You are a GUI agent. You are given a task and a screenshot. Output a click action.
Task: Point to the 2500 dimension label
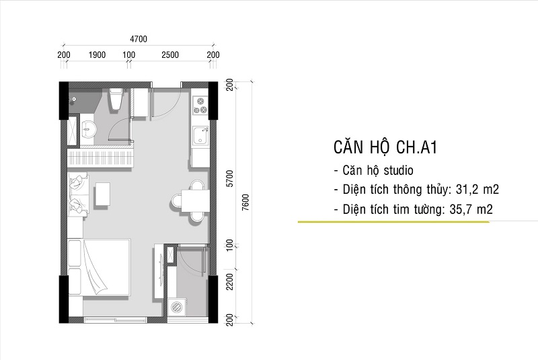pyautogui.click(x=170, y=55)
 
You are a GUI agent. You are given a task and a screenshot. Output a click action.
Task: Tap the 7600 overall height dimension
pyautogui.click(x=245, y=201)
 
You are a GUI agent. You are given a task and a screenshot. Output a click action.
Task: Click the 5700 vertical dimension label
pyautogui.click(x=229, y=178)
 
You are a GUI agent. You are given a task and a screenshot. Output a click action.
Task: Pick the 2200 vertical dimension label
pyautogui.click(x=229, y=281)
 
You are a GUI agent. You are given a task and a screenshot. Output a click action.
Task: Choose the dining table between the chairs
pyautogui.click(x=195, y=201)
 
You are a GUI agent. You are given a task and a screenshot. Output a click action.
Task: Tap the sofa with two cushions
pyautogui.click(x=77, y=192)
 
